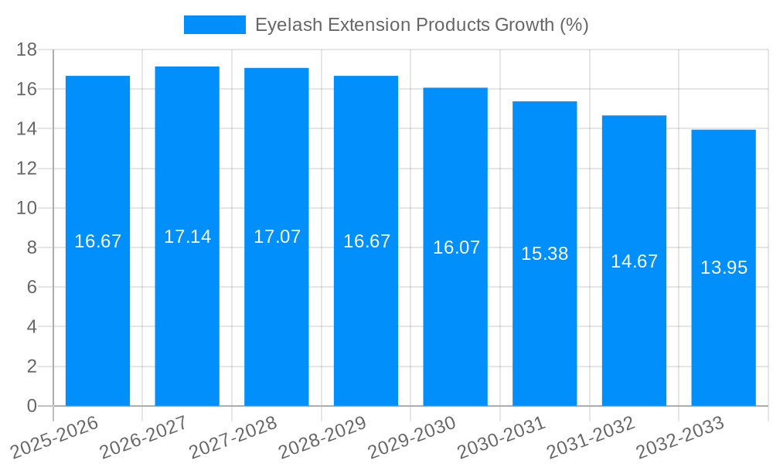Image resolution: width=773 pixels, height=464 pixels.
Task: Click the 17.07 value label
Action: (x=277, y=237)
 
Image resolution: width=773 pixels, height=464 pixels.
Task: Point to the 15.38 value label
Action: (x=545, y=254)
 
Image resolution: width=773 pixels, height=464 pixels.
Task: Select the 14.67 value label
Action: (x=634, y=261)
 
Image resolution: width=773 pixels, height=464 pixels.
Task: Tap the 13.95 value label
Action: (x=724, y=268)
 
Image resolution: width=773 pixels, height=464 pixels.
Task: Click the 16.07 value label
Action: (x=456, y=247)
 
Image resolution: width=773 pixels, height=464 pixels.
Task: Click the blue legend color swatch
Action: (x=214, y=25)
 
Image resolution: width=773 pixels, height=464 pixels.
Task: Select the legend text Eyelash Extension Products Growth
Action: (x=422, y=25)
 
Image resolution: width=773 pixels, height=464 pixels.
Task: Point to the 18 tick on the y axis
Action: (x=27, y=49)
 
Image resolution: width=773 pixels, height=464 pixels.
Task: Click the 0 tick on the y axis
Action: (x=32, y=406)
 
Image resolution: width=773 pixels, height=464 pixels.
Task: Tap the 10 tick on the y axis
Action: (x=27, y=208)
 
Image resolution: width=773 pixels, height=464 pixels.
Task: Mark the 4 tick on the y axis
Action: (x=32, y=327)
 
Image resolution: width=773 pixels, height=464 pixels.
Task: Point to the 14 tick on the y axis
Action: (x=27, y=128)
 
